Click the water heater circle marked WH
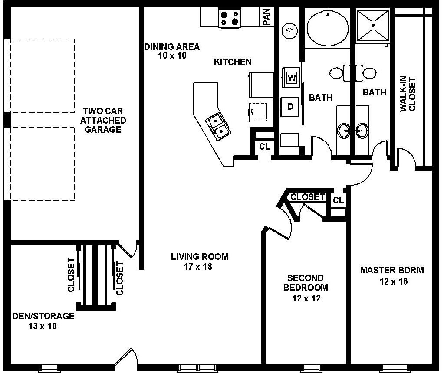coord(289,30)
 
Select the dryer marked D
coord(289,107)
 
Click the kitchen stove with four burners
coord(230,18)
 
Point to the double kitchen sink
coord(218,126)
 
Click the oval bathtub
coord(328,28)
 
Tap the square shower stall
coord(373,26)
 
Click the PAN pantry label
coord(266,16)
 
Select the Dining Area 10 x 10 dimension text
coord(172,56)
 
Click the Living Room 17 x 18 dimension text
coord(198,267)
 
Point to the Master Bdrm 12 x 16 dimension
coord(394,281)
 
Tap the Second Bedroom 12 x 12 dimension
coord(306,298)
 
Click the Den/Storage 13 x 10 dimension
coord(43,326)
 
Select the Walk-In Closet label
coord(408,94)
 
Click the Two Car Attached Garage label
coord(103,120)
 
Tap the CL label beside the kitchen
coord(264,147)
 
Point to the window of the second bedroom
coord(311,368)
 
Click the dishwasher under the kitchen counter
coord(258,112)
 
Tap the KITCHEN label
coord(233,62)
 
